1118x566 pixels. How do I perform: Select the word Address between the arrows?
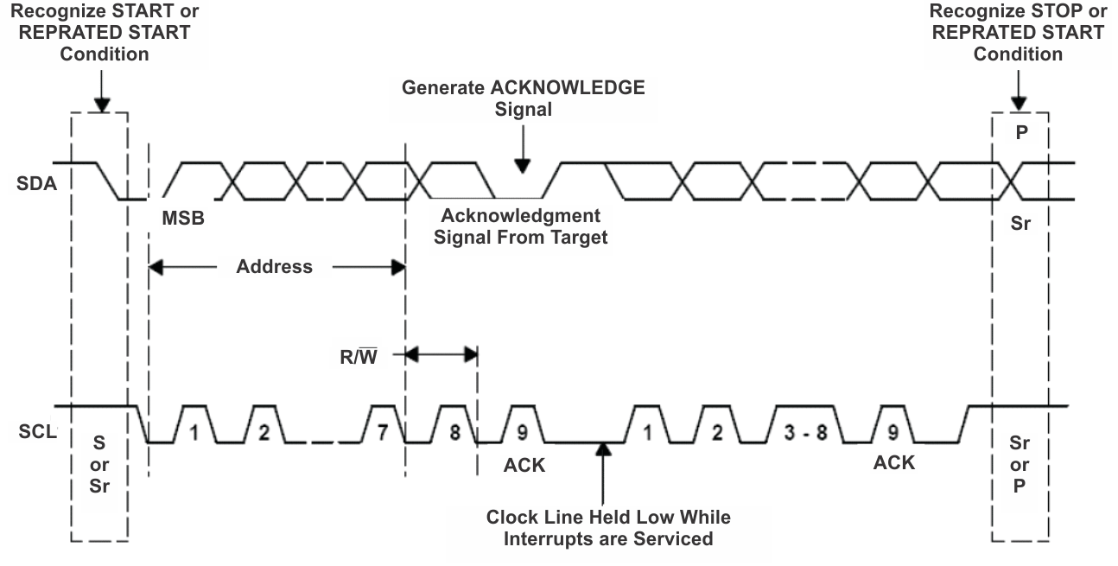pos(275,267)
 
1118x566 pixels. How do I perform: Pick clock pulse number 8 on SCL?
pos(453,430)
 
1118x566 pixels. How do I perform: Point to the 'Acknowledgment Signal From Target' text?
pos(521,226)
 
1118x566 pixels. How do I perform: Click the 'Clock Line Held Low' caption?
pos(607,528)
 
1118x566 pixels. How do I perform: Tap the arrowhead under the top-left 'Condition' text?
pos(102,105)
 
